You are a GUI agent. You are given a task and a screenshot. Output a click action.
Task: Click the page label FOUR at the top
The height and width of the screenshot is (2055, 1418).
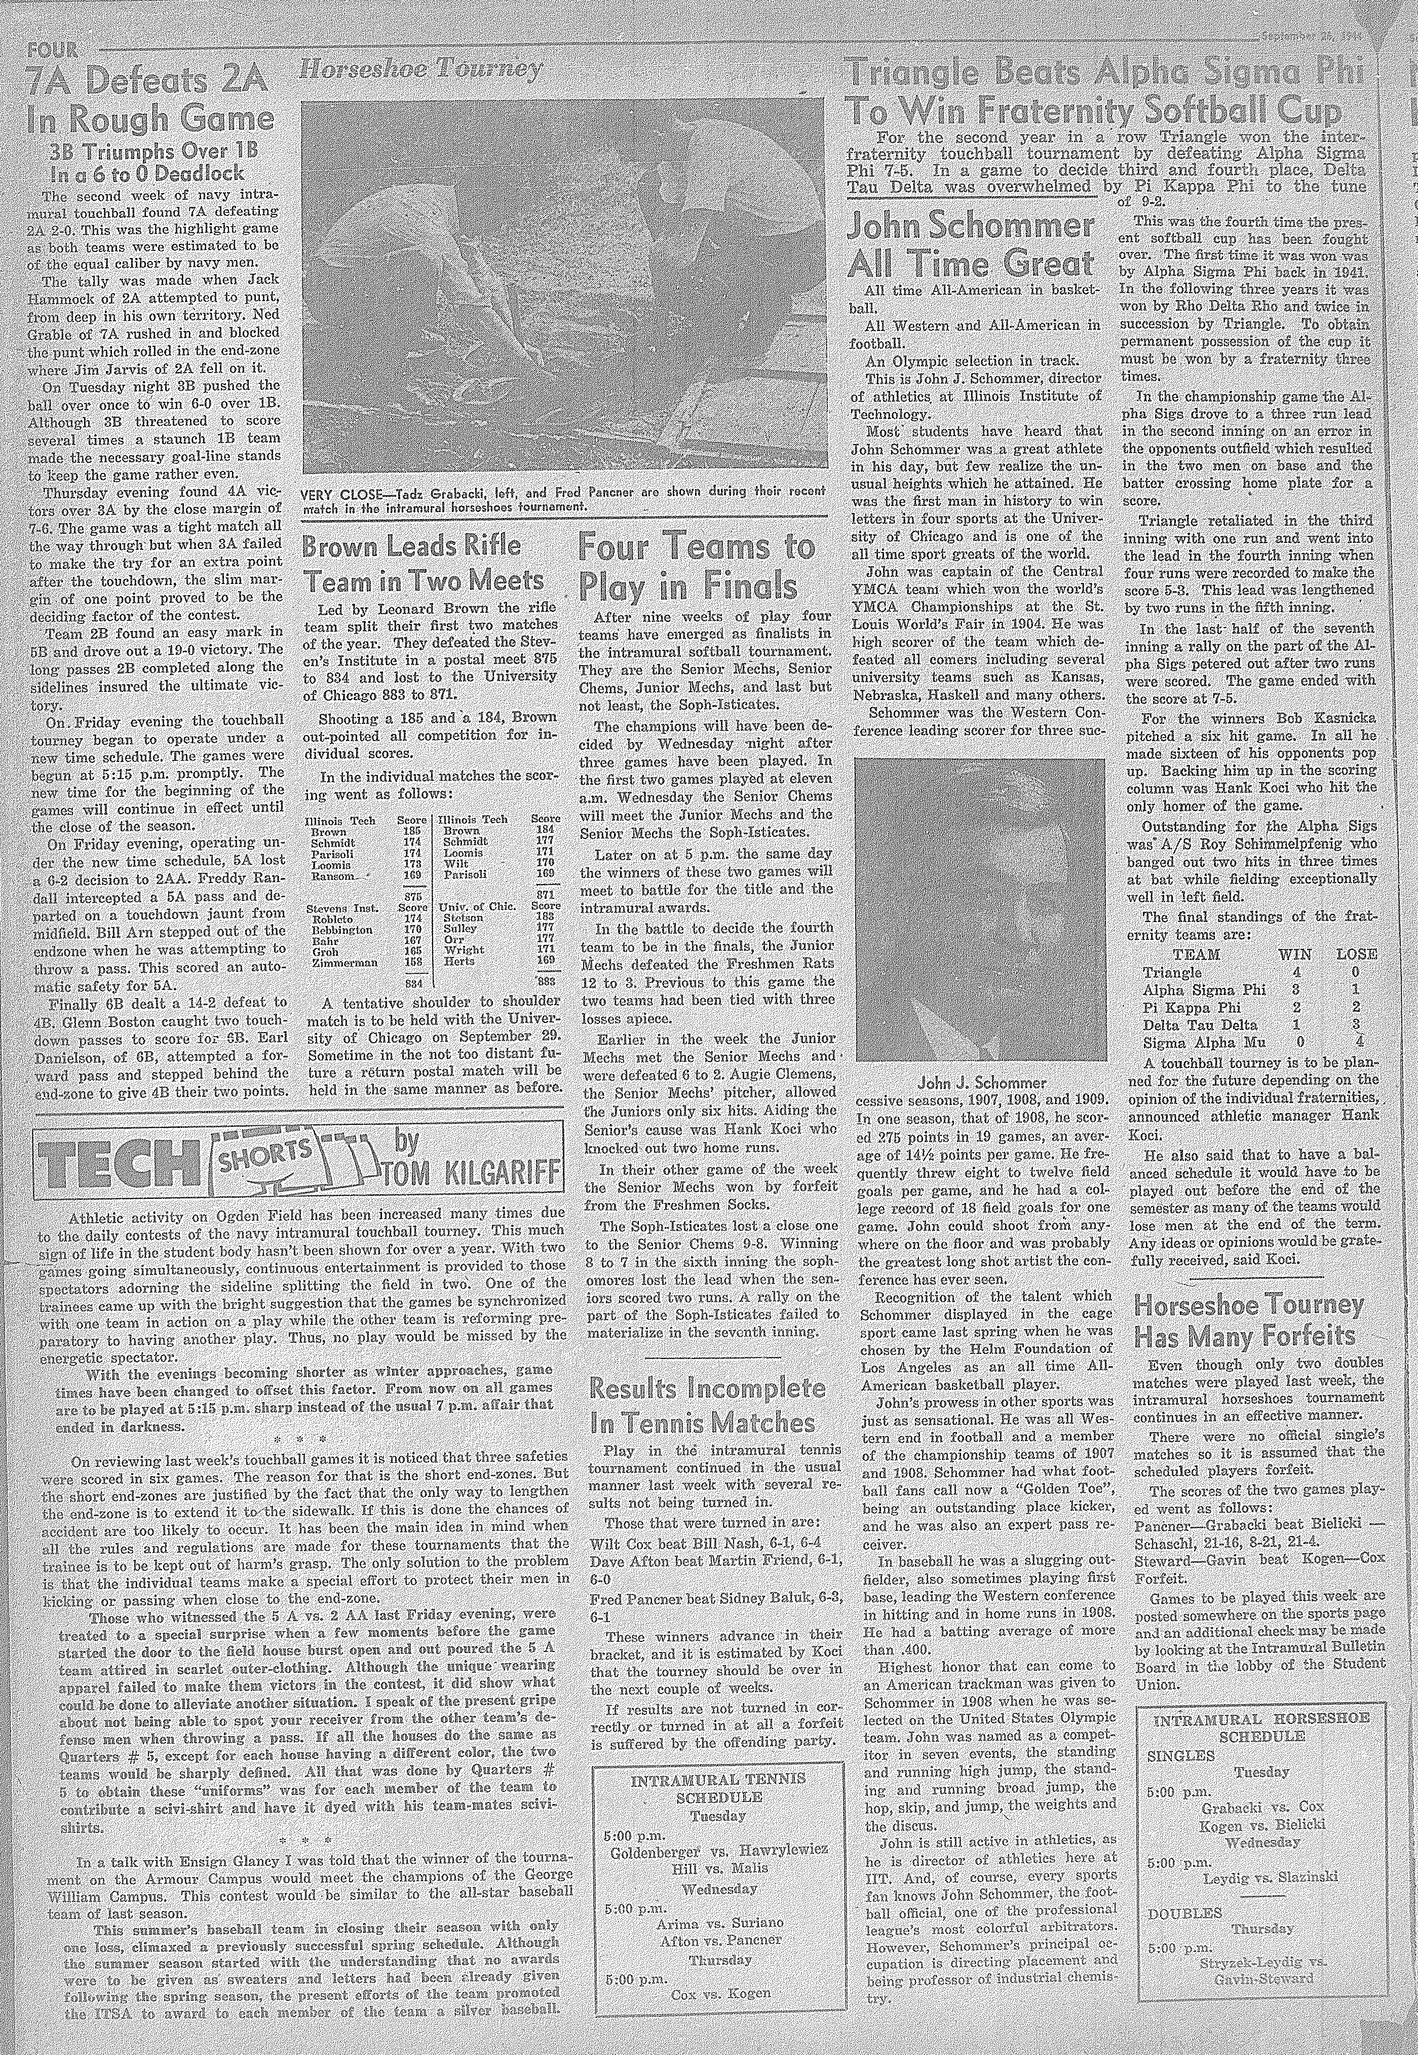tap(52, 49)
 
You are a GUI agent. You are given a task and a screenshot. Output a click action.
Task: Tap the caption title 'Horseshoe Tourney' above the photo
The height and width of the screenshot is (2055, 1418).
tap(420, 69)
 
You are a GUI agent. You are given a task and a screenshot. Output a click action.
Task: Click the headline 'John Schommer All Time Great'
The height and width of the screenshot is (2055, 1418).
tap(970, 245)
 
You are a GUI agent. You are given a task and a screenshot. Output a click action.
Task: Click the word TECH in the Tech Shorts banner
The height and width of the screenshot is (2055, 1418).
tap(113, 1166)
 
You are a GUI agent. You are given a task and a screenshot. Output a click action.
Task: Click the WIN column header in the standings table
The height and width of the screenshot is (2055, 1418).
tap(1293, 953)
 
